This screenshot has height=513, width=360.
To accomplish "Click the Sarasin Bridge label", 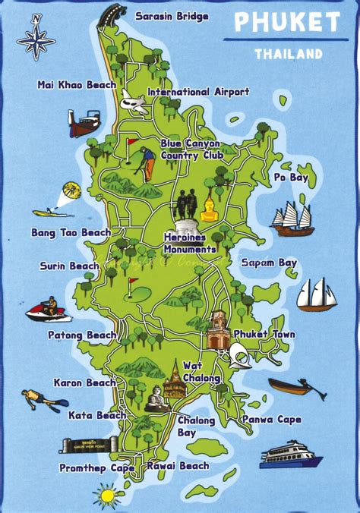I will click(171, 15).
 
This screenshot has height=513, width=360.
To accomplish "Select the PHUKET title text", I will click(286, 23).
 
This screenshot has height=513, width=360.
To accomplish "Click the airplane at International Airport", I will click(134, 102).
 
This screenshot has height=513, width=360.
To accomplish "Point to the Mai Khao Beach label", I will click(76, 85).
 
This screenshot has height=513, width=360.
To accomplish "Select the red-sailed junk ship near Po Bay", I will click(293, 219).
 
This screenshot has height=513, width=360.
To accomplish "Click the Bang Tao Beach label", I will click(71, 232).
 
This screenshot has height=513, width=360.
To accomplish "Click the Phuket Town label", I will click(264, 334).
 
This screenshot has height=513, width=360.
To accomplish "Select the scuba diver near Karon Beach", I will click(39, 400).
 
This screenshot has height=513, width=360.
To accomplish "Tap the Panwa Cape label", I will click(271, 419).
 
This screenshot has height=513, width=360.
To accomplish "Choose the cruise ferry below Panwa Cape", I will click(292, 454).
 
